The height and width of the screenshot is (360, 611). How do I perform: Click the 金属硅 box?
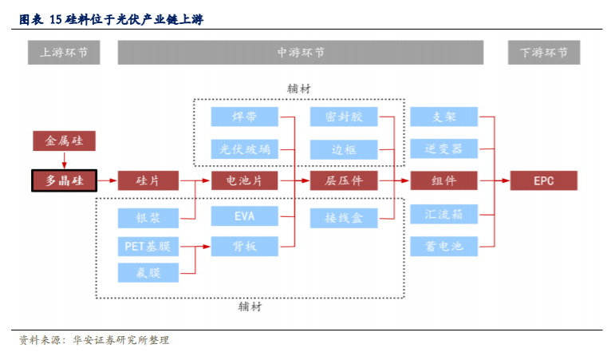pos(64,141)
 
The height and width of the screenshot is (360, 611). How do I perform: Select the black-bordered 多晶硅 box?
pos(64,181)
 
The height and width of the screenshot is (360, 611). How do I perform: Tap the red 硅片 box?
pos(148,181)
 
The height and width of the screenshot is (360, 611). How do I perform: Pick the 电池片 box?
pos(244,181)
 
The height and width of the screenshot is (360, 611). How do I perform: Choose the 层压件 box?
pos(344,181)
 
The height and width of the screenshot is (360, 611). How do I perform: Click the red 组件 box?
pos(443,181)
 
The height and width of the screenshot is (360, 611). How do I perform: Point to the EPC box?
pos(543,181)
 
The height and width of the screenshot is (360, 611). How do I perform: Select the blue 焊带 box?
pos(244,117)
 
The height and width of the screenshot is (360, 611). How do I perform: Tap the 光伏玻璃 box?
pos(244,149)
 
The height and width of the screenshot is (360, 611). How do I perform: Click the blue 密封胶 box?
pos(344,117)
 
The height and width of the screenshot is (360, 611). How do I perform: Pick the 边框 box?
pos(344,149)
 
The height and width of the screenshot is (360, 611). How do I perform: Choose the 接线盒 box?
pos(344,216)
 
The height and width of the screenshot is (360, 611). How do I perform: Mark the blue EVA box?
pos(244,216)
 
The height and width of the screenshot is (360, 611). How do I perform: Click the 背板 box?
pos(244,247)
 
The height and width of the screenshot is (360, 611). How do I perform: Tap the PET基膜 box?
pos(148,246)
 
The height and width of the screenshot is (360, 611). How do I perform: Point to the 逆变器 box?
pos(443,148)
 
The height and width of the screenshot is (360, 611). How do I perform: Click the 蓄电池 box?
pos(443,246)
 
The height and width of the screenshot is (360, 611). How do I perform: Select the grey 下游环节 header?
pos(543,53)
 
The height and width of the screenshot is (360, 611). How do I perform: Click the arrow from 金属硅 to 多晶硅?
pos(64,160)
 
